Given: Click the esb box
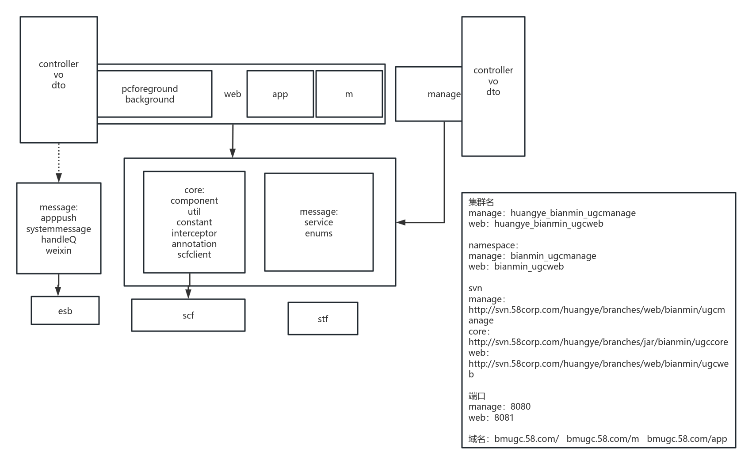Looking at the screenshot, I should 65,311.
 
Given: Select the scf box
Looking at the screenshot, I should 188,315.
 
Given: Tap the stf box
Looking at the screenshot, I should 323,319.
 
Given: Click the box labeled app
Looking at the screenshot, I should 280,94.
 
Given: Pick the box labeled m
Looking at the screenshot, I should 349,94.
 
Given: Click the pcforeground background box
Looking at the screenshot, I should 150,94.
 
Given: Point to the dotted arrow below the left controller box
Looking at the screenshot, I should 59,161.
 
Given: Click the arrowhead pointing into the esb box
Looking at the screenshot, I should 58,291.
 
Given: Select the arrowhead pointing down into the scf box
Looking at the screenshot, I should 189,294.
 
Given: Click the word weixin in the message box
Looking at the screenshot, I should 58,251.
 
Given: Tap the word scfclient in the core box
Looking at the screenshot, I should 194,255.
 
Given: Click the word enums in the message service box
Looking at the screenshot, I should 318,233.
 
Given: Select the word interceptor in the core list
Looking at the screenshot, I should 194,233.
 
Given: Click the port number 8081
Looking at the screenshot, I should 504,418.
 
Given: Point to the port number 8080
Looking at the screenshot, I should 520,407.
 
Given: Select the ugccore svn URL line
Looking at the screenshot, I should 598,342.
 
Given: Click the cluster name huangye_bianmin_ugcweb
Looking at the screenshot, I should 549,224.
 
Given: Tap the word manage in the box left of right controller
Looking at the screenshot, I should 444,94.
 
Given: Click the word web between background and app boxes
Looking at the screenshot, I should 233,94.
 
